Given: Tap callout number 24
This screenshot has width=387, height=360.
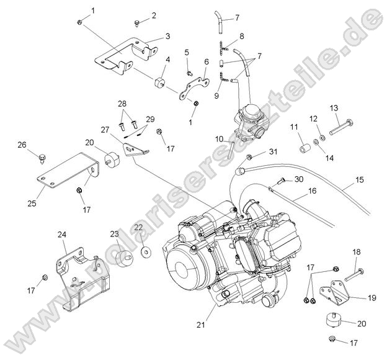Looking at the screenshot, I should click(x=62, y=234).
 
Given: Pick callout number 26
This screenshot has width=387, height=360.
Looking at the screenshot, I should click(x=22, y=146).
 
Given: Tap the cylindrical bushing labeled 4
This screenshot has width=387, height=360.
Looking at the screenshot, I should click(x=159, y=83).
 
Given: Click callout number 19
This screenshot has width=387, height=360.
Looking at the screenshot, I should click(x=371, y=298).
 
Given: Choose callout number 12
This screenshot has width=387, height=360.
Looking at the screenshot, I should click(x=313, y=118).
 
